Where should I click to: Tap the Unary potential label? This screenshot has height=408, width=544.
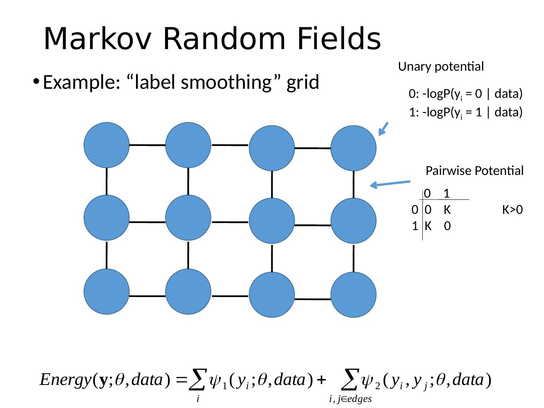pos(441,67)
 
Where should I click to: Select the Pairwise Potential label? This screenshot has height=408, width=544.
pos(474,171)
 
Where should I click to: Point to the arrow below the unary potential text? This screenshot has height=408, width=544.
pos(383,128)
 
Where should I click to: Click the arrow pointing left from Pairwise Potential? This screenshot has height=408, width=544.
pos(390,184)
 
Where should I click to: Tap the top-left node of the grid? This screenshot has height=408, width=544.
pos(107,145)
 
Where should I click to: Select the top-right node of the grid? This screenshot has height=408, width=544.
pos(353,148)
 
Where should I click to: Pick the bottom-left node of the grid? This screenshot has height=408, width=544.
pos(107,292)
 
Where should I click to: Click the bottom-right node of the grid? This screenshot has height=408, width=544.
pos(353,295)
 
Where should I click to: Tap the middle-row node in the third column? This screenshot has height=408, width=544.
pos(272,221)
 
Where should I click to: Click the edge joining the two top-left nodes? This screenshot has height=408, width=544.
pos(147,145)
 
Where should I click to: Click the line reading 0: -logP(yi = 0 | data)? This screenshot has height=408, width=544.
pos(465,94)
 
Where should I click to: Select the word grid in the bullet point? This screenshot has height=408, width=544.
pos(303,82)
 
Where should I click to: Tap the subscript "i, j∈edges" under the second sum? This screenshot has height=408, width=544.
pos(350,399)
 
